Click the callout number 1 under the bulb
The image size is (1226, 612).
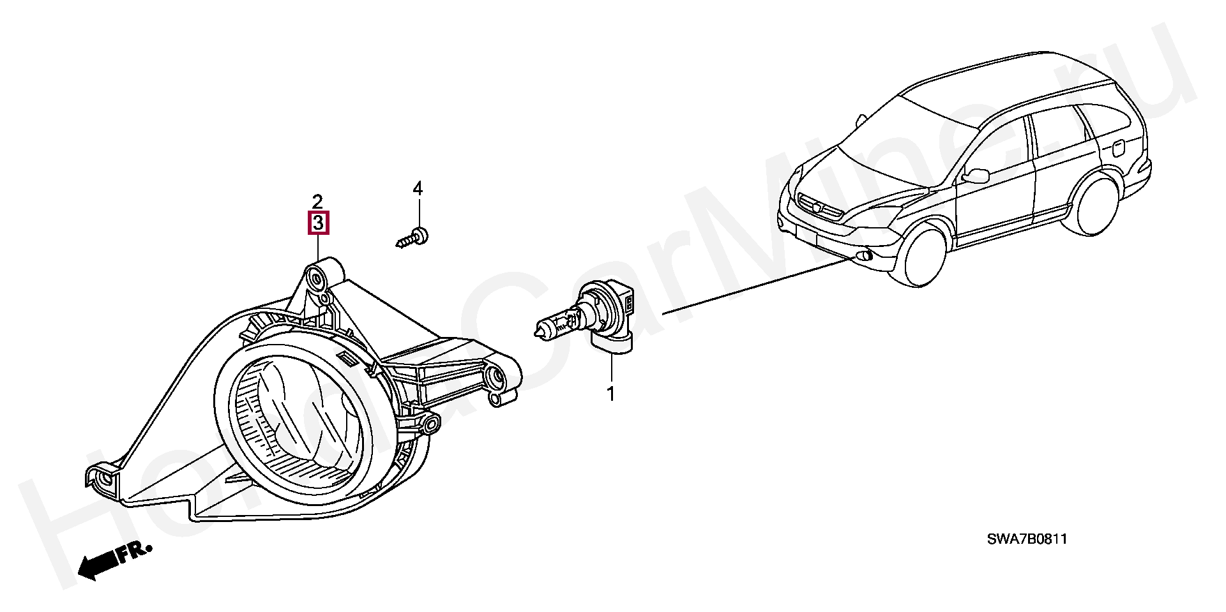coord(610,394)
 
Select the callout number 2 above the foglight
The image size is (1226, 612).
coord(318,202)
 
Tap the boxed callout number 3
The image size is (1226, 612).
coord(319,223)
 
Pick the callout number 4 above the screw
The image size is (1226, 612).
coord(418,188)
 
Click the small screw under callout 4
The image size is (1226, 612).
coord(411,237)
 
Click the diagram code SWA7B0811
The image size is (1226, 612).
coord(1027,539)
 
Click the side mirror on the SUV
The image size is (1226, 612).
coord(976,174)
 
